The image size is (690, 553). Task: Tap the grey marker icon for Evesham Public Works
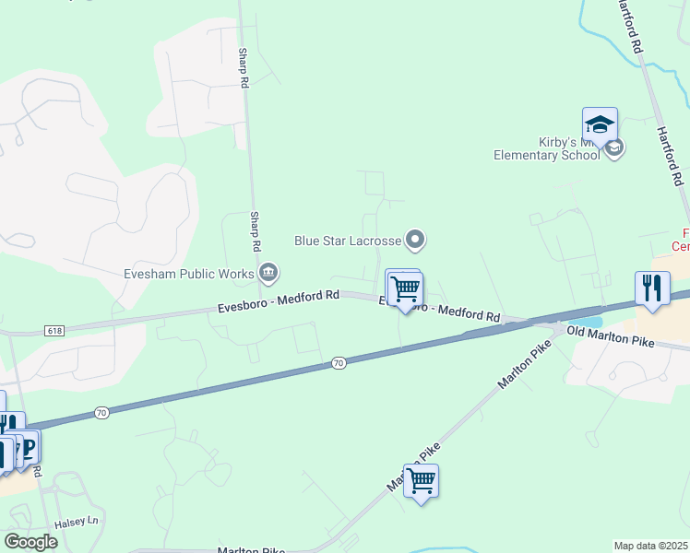(x=269, y=272)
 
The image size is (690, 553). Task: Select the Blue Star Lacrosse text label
(x=348, y=241)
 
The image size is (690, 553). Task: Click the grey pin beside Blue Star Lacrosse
(x=416, y=241)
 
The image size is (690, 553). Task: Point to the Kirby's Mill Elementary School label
(x=563, y=149)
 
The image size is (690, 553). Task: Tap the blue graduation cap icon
(x=600, y=124)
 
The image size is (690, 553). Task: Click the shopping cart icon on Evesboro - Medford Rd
(x=405, y=288)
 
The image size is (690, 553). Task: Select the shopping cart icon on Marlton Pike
(x=421, y=480)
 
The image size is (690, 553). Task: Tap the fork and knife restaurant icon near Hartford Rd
(x=652, y=288)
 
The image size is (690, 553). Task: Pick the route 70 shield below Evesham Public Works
(x=339, y=364)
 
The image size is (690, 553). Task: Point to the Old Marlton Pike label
(x=610, y=336)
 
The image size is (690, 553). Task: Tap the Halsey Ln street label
(x=77, y=522)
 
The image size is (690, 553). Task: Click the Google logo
(x=30, y=542)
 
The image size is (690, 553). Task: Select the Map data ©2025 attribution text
(x=650, y=546)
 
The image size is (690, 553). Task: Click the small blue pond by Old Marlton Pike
(x=591, y=322)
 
